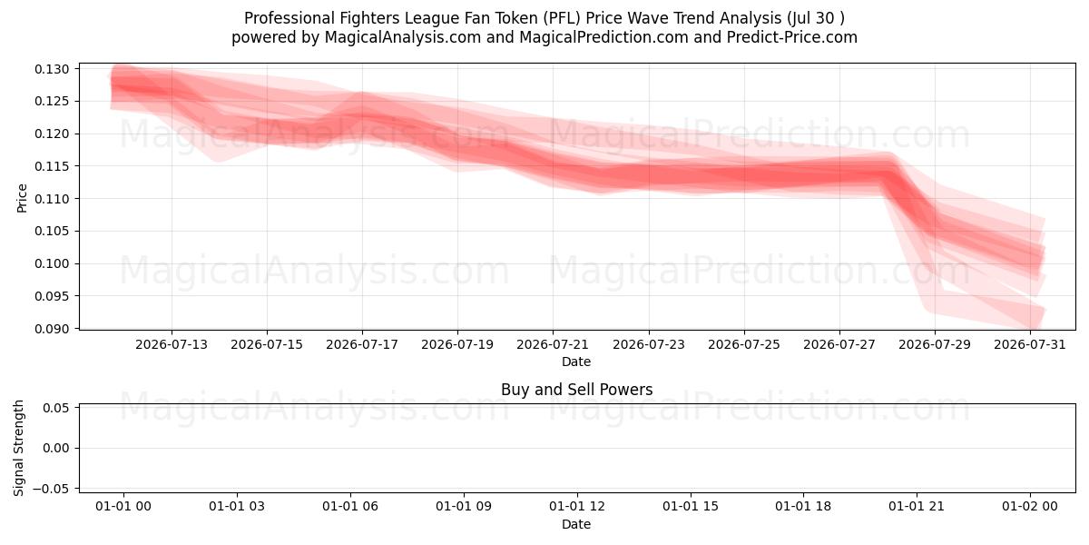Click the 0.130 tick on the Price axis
[x=52, y=69]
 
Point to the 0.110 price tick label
[x=52, y=199]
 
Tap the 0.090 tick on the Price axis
[x=52, y=329]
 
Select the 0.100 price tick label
[x=52, y=263]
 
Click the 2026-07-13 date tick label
[x=172, y=344]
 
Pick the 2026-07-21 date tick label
[x=553, y=344]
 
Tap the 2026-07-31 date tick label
[x=1030, y=344]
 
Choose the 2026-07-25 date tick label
[x=744, y=344]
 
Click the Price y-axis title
[x=22, y=198]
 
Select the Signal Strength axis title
[x=18, y=448]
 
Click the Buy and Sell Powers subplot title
[x=576, y=390]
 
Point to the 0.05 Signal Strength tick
[x=56, y=408]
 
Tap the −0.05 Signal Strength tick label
[x=52, y=489]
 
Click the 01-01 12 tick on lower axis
[x=577, y=506]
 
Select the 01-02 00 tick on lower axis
[x=1030, y=506]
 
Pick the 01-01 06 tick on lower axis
[x=350, y=506]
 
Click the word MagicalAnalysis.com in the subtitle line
[x=403, y=37]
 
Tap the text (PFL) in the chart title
[x=562, y=18]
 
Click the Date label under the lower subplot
[x=576, y=524]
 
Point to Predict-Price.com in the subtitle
[x=792, y=37]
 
